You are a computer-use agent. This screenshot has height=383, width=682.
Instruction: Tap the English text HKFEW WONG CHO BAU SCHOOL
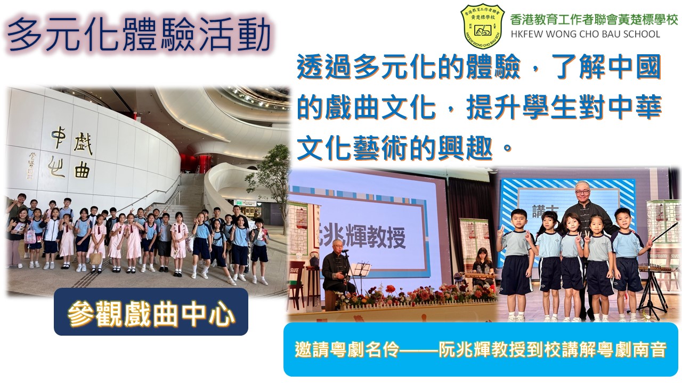pos(586,34)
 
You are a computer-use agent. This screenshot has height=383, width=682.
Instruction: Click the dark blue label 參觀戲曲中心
pos(151,312)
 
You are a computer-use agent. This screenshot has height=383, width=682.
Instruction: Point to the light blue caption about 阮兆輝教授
pos(481,349)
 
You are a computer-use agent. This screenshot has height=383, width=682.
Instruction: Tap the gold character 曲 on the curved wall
pos(82,170)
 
